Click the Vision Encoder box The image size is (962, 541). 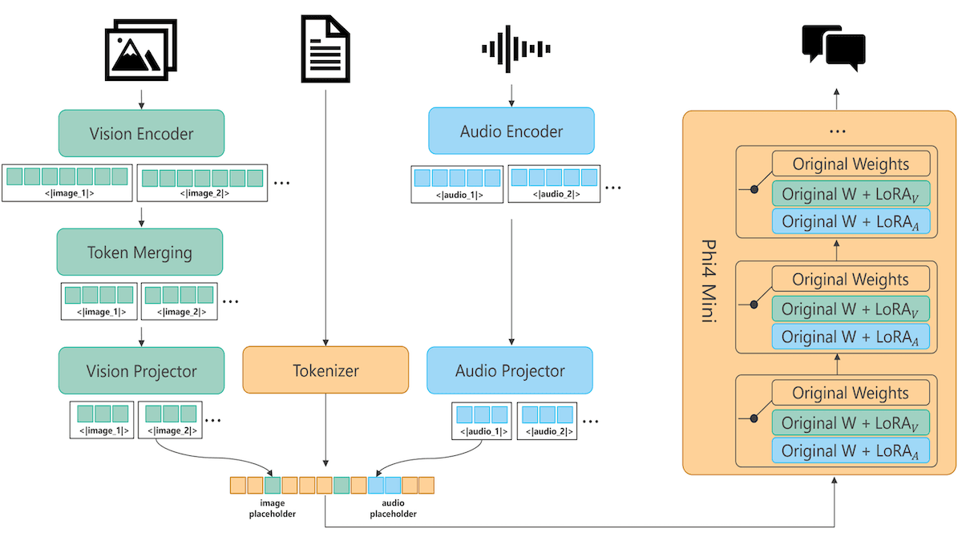click(141, 133)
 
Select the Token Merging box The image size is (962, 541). click(139, 252)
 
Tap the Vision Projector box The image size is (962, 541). click(141, 370)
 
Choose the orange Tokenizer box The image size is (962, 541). click(325, 370)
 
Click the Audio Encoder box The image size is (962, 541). click(511, 131)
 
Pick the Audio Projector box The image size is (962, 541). click(510, 370)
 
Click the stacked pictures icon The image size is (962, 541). click(141, 50)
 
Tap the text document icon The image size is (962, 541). click(325, 50)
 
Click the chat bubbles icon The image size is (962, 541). click(834, 46)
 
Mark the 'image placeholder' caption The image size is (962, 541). click(273, 509)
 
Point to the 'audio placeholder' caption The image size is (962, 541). click(393, 509)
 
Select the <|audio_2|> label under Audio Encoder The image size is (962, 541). click(554, 194)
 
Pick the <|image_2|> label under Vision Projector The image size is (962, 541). click(169, 431)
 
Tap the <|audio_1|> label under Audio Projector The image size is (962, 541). click(480, 432)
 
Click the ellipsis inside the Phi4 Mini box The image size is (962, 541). click(835, 131)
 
